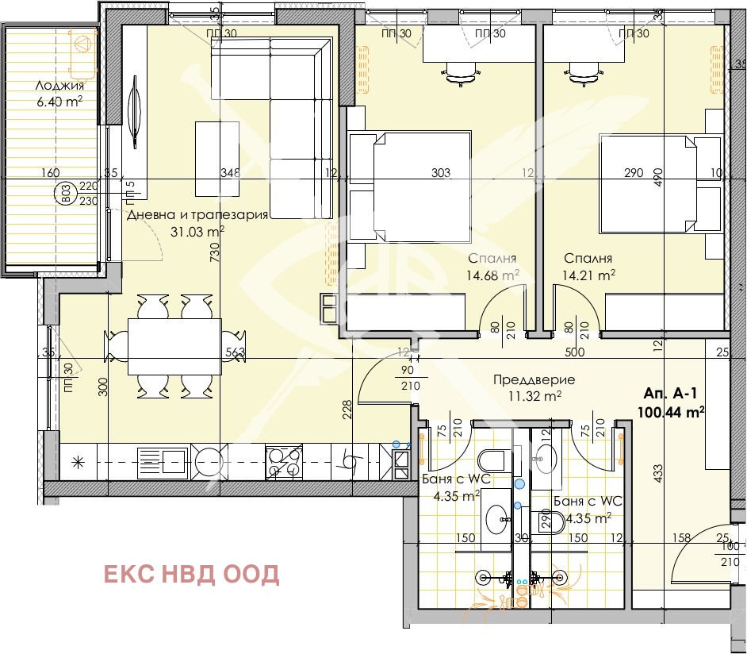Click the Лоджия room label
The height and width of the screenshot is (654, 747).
59,85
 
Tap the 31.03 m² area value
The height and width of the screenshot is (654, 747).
197,232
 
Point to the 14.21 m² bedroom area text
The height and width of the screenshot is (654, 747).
589,275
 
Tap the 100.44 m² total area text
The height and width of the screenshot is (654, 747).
671,411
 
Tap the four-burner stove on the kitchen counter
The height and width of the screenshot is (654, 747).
284,462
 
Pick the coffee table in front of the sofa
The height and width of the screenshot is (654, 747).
216,157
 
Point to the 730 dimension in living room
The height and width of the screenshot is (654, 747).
214,252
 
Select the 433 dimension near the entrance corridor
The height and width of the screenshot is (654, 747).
657,475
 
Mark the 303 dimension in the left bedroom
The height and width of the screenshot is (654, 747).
440,172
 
